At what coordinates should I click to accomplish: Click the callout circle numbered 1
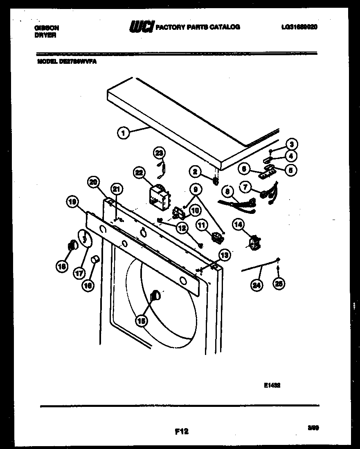tap(123, 132)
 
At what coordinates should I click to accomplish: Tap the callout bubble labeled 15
tap(141, 321)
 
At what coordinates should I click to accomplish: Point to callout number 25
tap(279, 284)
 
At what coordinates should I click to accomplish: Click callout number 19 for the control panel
tap(72, 201)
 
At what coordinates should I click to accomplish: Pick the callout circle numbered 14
tap(238, 223)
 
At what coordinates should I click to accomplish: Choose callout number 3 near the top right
tap(291, 144)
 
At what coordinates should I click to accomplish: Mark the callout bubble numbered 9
tap(196, 189)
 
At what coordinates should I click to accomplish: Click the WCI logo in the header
tap(142, 27)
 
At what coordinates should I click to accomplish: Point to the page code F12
tap(182, 431)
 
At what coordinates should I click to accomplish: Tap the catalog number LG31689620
tap(299, 27)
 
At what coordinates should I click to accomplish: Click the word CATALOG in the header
tap(225, 27)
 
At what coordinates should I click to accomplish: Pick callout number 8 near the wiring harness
tap(228, 191)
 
